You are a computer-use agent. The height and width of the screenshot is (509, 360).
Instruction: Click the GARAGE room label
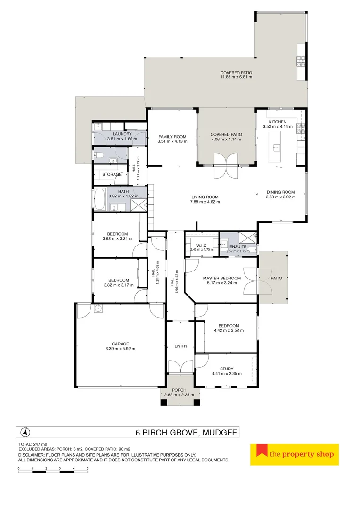[120, 344]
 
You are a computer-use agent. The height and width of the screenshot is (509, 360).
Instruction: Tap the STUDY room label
[227, 369]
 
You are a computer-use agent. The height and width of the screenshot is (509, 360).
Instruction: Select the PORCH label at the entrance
[179, 390]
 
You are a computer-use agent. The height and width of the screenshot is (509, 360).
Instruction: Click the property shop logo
[294, 454]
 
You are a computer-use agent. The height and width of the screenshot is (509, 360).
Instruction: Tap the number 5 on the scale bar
[87, 468]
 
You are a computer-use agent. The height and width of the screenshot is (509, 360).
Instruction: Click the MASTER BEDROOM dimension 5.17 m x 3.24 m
[221, 285]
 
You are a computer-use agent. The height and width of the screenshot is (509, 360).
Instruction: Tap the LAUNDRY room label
[115, 134]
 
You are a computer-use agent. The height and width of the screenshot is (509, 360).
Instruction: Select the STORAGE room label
[112, 174]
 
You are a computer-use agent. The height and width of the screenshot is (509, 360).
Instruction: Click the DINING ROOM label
[280, 192]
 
